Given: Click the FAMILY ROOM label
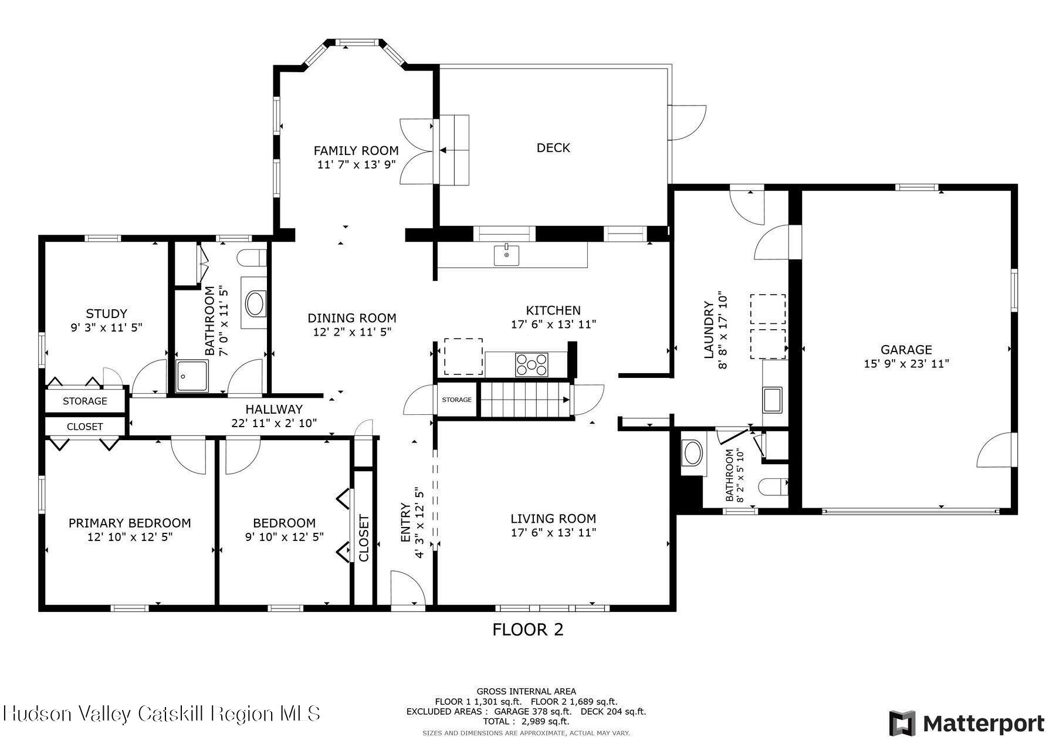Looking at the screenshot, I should [x=356, y=151].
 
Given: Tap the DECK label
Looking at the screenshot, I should [x=553, y=148].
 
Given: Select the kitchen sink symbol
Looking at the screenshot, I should [x=506, y=255].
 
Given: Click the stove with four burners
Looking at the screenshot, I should [x=532, y=364].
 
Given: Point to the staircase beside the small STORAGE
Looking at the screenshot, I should [x=525, y=400].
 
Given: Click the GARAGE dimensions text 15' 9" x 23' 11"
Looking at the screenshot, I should [x=906, y=364].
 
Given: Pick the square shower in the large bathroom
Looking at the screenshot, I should [x=192, y=376].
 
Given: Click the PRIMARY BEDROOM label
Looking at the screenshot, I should [x=130, y=523].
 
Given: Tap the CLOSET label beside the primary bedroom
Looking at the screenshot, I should [x=85, y=427].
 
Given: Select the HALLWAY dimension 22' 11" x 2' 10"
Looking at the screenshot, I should [x=274, y=422].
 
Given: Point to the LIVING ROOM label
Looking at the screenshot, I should [x=553, y=519].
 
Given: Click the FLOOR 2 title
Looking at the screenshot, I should [x=527, y=630].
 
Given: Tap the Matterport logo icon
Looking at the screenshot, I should [x=902, y=723].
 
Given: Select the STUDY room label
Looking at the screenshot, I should [x=106, y=313].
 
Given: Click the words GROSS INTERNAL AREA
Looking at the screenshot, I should [x=526, y=691].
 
